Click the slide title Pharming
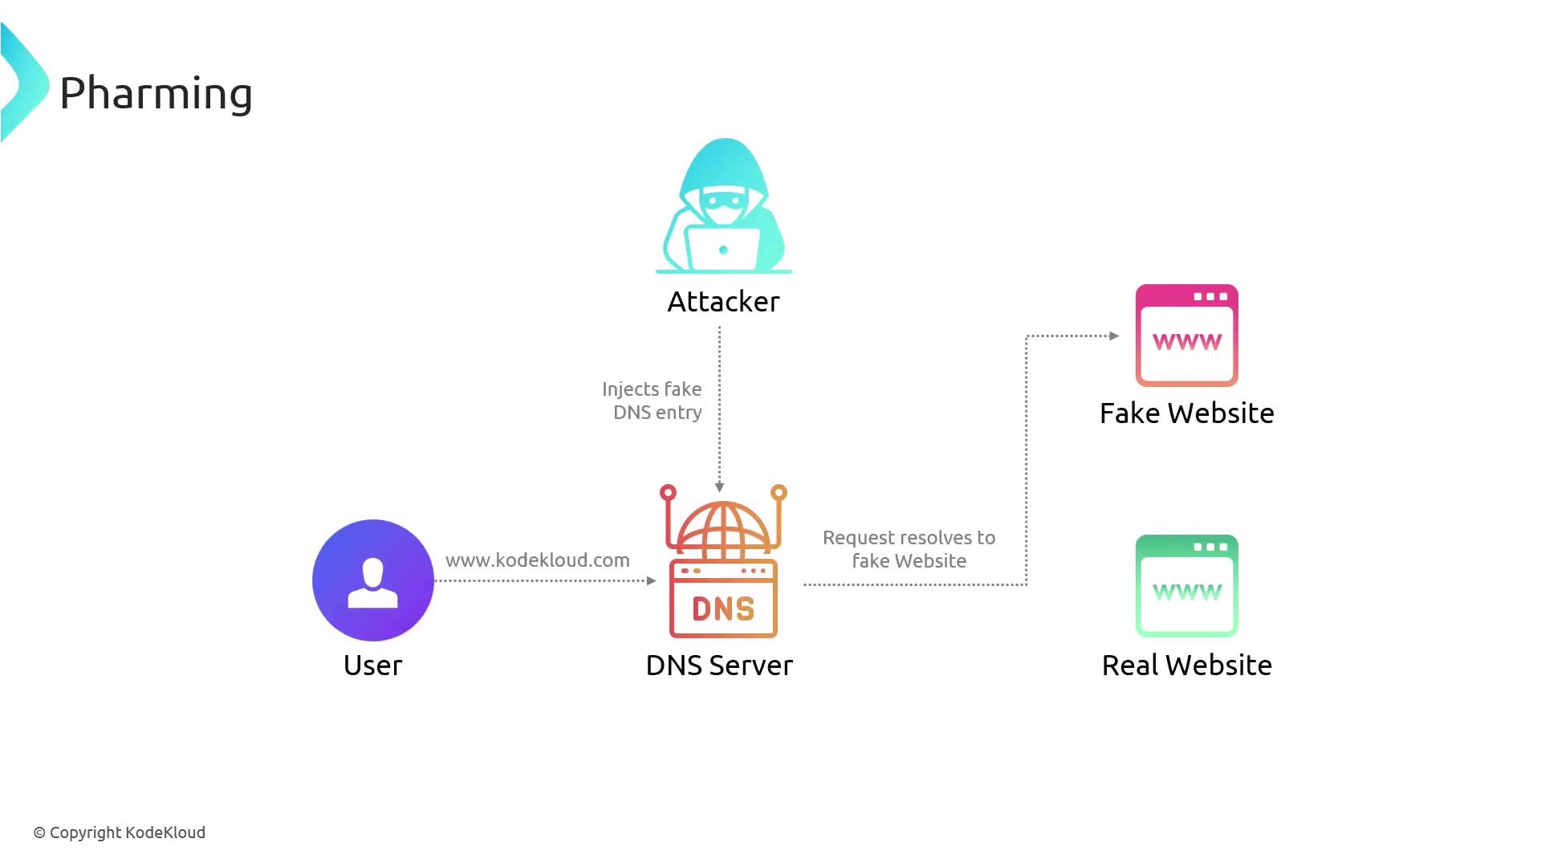[156, 93]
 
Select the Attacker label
[723, 302]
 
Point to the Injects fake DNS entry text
[653, 401]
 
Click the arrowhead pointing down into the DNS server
[719, 487]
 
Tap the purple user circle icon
[373, 580]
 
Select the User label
[372, 666]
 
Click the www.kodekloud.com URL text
[537, 560]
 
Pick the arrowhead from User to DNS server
[651, 580]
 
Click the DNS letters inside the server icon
[723, 609]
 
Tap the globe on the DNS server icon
[723, 531]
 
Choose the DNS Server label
[719, 666]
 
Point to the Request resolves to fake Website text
[909, 549]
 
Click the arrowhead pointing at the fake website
[1114, 336]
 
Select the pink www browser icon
[1186, 336]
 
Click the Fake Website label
[1186, 413]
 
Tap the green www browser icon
[1186, 586]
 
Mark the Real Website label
[1186, 666]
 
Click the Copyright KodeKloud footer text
[120, 832]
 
